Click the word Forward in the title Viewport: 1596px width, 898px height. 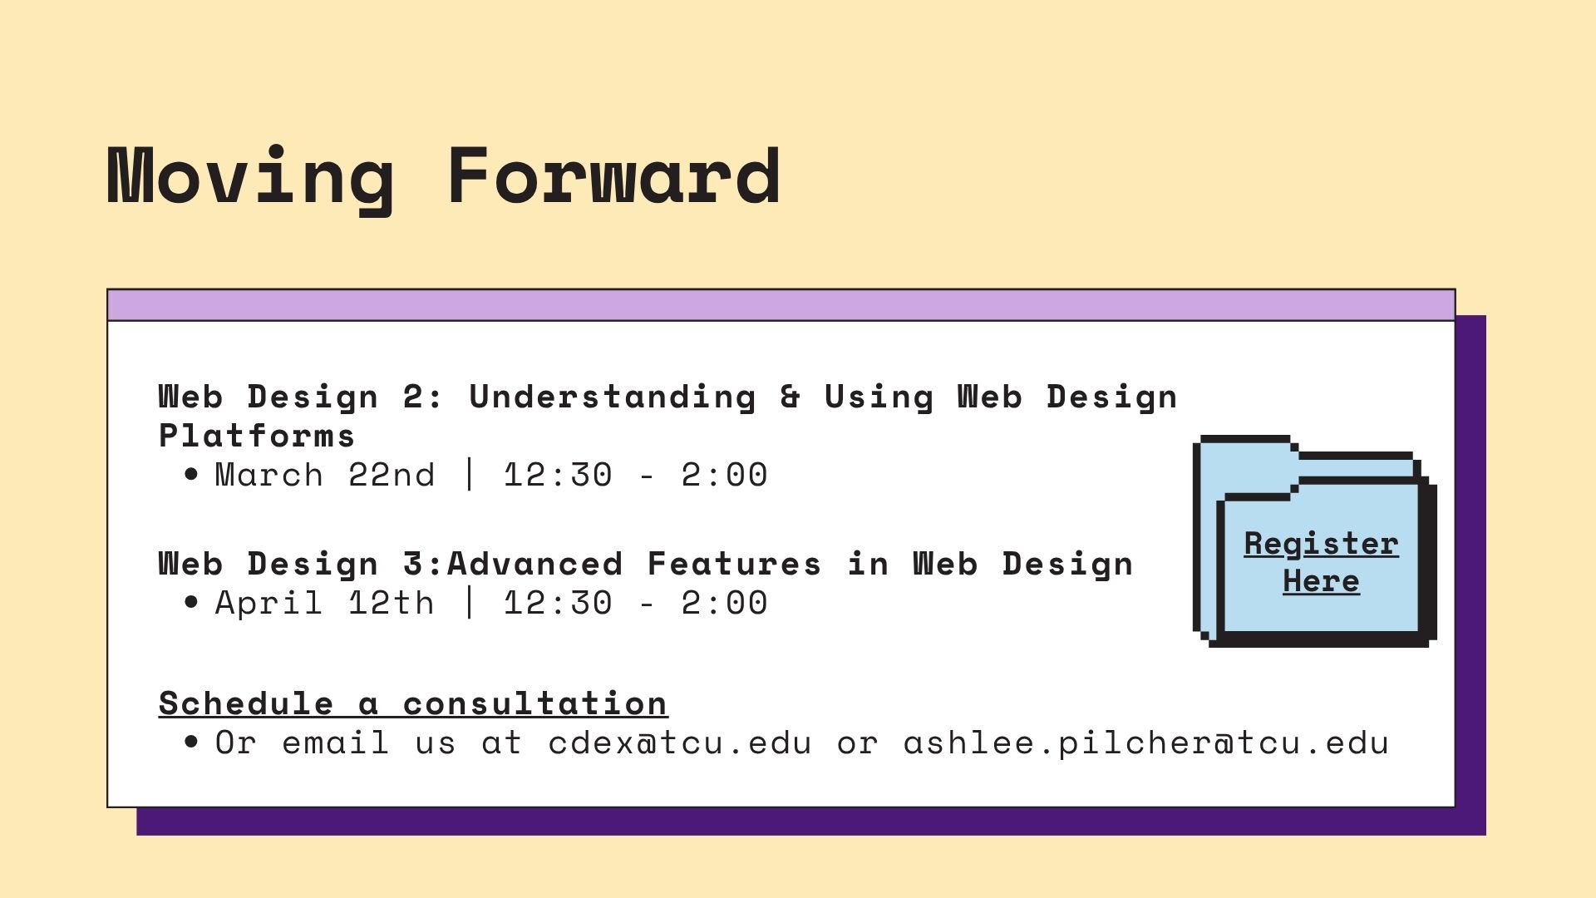click(614, 175)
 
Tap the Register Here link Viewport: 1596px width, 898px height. click(1321, 562)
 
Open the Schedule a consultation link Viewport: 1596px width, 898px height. click(413, 703)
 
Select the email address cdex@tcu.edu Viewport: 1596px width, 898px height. click(680, 743)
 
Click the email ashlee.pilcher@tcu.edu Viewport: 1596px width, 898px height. click(1146, 743)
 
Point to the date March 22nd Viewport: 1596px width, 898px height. click(325, 475)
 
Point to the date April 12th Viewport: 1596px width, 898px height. click(325, 603)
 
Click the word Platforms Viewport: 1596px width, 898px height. click(257, 436)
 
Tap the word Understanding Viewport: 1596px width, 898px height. click(613, 397)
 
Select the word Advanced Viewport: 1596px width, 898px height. click(534, 564)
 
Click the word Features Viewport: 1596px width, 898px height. click(734, 564)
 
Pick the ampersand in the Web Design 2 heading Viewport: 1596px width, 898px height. click(791, 397)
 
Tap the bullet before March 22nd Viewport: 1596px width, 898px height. click(192, 475)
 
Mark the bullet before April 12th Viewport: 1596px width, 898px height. click(192, 603)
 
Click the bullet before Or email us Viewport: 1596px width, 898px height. click(192, 743)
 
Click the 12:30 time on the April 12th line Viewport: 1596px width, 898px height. click(558, 603)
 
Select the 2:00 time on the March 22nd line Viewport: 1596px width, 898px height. click(724, 475)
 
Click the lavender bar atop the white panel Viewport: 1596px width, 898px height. click(781, 305)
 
